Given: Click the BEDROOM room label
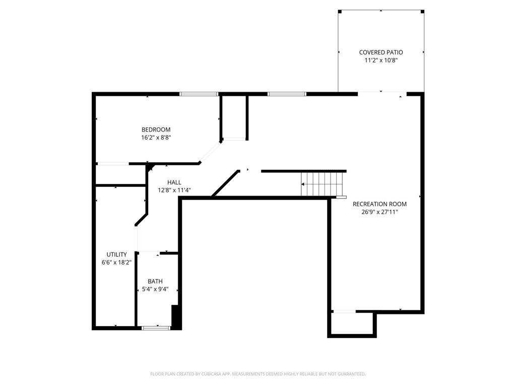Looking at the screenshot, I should point(156,130).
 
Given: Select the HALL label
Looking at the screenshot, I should point(174,182).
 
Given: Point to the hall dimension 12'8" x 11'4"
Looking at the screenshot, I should point(174,190).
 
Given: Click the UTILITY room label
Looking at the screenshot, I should point(116,254).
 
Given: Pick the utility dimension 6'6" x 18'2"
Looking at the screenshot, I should point(116,263).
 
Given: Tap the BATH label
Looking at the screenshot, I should point(155,281).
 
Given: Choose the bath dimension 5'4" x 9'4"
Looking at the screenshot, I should point(155,289).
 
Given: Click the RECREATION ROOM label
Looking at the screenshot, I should point(379,204).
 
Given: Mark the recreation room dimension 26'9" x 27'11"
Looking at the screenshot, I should point(379,212).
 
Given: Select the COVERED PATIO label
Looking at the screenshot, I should point(381,52).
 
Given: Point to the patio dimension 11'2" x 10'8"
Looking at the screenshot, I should point(381,60).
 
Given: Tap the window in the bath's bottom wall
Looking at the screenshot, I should point(156,328).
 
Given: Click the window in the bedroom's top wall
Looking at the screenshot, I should point(199,94).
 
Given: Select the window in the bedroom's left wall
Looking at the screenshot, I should point(112,163).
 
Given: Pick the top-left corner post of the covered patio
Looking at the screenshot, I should point(340,11).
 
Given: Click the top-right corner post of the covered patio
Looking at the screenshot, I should point(422,11).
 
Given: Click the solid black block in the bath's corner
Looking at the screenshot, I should point(176,316).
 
